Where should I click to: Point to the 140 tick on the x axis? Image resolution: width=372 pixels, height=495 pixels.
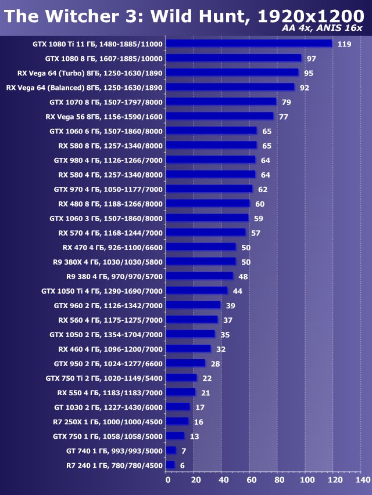click(362, 480)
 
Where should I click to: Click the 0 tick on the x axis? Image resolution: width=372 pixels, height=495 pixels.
click(168, 480)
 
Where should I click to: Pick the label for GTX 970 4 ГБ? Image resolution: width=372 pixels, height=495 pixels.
click(108, 189)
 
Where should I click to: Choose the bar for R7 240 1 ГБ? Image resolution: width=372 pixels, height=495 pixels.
click(170, 465)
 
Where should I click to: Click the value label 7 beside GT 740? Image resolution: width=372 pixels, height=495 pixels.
click(184, 450)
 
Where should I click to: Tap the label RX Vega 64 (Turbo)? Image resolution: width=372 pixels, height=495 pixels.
click(84, 73)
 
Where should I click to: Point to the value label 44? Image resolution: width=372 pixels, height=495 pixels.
click(237, 291)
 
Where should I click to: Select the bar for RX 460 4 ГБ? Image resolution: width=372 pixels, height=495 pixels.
click(188, 349)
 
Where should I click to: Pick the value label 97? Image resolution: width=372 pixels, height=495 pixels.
click(312, 59)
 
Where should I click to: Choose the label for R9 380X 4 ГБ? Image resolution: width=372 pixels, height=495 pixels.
click(108, 262)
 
